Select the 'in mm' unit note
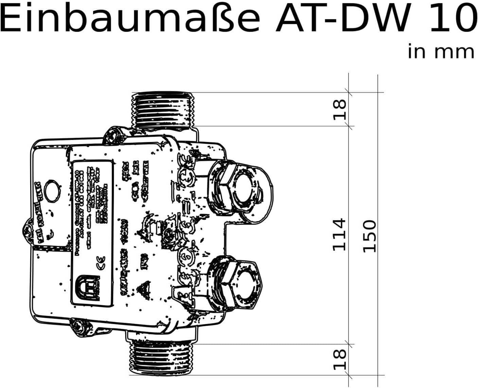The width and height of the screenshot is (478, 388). [x=441, y=52]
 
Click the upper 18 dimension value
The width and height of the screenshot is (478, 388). [x=339, y=109]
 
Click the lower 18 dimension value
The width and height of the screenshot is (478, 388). [x=339, y=360]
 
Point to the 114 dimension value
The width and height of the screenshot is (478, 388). [x=339, y=235]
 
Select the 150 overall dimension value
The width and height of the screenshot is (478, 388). [x=370, y=236]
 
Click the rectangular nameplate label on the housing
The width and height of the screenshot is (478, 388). [x=92, y=233]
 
